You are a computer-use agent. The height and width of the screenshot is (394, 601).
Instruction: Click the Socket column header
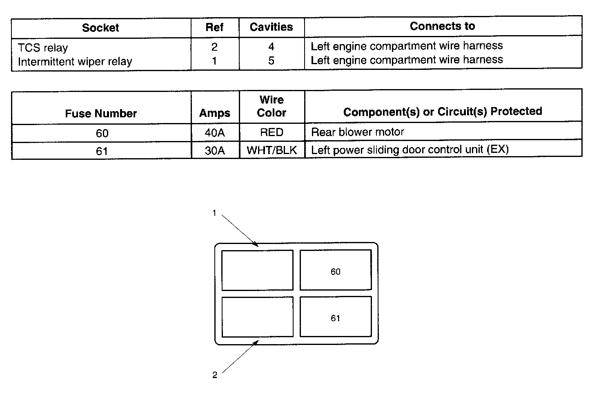click(x=100, y=28)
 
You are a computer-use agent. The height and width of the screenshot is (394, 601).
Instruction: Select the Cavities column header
click(x=271, y=27)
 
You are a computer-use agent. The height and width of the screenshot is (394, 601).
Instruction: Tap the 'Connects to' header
click(x=442, y=26)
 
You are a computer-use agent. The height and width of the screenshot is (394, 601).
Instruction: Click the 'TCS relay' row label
click(x=43, y=48)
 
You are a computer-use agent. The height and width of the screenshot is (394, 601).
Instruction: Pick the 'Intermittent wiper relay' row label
click(x=75, y=62)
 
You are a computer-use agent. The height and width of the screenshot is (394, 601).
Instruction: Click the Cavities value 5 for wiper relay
click(x=271, y=61)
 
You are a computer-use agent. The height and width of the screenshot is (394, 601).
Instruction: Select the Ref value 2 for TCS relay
click(x=214, y=47)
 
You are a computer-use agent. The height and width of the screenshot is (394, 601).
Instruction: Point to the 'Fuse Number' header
click(x=101, y=113)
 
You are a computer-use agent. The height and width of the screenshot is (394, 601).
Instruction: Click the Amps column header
click(x=215, y=113)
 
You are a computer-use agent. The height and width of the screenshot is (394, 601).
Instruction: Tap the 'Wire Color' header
click(x=272, y=106)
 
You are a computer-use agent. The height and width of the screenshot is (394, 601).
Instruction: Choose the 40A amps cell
click(x=215, y=133)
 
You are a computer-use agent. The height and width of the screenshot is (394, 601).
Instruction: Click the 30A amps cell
click(x=215, y=151)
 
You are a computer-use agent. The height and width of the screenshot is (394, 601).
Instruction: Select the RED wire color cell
click(x=272, y=132)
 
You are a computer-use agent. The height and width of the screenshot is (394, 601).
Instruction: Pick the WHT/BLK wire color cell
click(x=272, y=150)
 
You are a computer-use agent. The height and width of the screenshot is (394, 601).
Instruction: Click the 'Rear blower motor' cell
click(x=358, y=132)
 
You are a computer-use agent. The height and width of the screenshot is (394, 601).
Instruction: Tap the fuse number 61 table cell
click(x=102, y=151)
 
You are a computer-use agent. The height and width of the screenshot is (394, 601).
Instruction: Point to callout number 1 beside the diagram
click(x=214, y=213)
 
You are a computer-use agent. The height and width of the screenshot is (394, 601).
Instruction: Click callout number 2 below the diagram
click(x=215, y=375)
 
